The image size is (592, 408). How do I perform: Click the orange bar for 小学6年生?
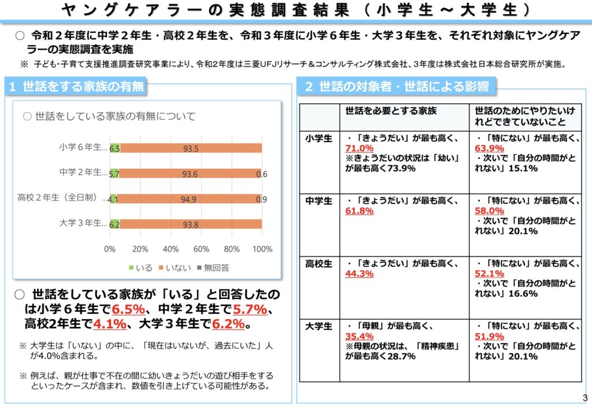191,148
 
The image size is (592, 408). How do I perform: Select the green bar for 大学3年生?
114,224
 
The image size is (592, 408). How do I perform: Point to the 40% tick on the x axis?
171,249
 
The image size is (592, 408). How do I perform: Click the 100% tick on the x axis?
262,249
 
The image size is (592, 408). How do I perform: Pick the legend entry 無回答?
213,268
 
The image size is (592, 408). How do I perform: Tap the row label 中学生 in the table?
319,201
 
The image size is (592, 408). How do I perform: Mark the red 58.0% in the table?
488,211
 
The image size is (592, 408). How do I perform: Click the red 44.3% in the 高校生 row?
358,273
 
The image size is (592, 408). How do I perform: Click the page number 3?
584,398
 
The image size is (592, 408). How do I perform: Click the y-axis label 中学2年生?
83,173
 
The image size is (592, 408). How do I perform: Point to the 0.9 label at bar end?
261,199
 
